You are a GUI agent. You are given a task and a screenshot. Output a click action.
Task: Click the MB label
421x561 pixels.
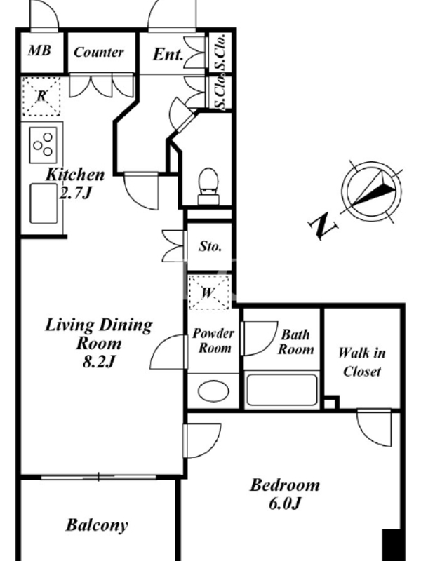pyautogui.click(x=39, y=50)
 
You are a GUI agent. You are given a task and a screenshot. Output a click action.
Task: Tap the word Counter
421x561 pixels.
pyautogui.click(x=99, y=52)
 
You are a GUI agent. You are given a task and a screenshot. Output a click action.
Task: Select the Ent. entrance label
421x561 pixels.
pyautogui.click(x=168, y=55)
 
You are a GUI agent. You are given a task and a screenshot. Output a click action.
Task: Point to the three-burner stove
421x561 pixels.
pyautogui.click(x=43, y=145)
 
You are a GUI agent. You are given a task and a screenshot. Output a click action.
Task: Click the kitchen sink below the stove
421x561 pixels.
pyautogui.click(x=44, y=203)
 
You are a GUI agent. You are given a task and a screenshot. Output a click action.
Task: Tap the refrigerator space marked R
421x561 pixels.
pyautogui.click(x=41, y=96)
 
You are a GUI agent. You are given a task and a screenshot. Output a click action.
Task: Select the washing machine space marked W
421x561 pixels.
pyautogui.click(x=208, y=292)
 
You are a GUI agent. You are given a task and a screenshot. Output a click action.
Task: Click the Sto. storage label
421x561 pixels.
pyautogui.click(x=210, y=246)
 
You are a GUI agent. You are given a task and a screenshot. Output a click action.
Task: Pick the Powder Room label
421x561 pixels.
pyautogui.click(x=213, y=341)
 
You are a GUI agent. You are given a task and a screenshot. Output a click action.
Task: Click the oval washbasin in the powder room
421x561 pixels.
pyautogui.click(x=213, y=391)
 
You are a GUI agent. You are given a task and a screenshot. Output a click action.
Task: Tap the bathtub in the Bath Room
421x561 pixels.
pyautogui.click(x=282, y=390)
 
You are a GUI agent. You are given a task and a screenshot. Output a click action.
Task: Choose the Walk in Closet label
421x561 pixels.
pyautogui.click(x=362, y=362)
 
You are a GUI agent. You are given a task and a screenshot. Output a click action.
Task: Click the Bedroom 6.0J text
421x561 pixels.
pyautogui.click(x=285, y=494)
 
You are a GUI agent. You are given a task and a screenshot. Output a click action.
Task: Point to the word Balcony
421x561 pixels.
pyautogui.click(x=97, y=525)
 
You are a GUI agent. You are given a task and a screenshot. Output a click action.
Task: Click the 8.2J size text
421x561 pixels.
pyautogui.click(x=99, y=362)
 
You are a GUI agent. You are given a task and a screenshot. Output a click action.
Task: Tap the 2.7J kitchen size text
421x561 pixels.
pyautogui.click(x=76, y=194)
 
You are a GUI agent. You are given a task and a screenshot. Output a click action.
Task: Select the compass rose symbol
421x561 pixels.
pyautogui.click(x=371, y=191)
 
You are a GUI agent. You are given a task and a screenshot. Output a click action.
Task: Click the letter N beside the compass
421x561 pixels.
pyautogui.click(x=323, y=226)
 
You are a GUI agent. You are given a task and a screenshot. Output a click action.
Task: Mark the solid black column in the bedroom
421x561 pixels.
pyautogui.click(x=392, y=545)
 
